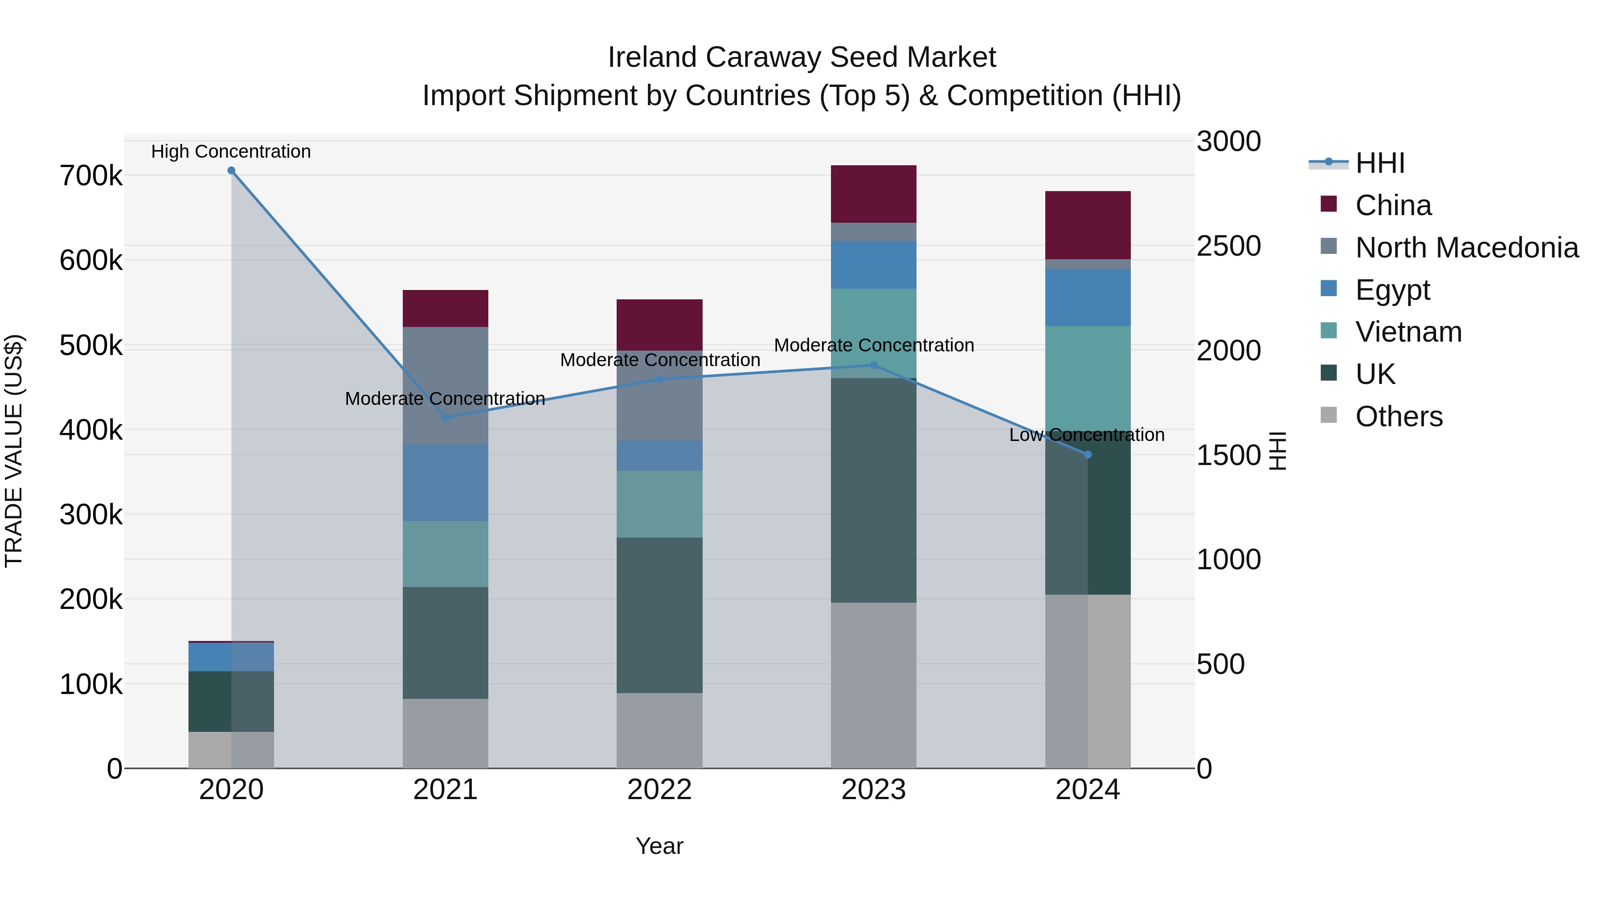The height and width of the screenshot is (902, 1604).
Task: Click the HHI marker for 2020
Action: coord(231,171)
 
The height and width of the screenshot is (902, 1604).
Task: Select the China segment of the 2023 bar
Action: coord(874,194)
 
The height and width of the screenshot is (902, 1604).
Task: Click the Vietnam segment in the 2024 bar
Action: coord(1088,374)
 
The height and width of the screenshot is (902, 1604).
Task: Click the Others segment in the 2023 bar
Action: coord(874,685)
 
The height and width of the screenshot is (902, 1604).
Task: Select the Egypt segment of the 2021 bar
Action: coord(445,482)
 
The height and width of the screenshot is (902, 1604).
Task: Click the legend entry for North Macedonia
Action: coord(1466,248)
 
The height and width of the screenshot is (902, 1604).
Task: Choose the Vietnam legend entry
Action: coord(1408,332)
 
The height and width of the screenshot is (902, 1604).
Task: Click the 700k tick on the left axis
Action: coord(91,176)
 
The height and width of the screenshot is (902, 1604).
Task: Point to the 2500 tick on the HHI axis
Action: coord(1228,246)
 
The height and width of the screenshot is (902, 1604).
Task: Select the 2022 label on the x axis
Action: coord(659,790)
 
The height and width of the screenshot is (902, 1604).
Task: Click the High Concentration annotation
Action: coord(231,151)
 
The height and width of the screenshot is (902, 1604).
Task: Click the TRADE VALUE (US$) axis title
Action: coord(14,451)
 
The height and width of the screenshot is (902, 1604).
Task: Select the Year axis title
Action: coord(659,846)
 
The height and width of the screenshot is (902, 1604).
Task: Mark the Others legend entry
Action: coord(1399,416)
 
